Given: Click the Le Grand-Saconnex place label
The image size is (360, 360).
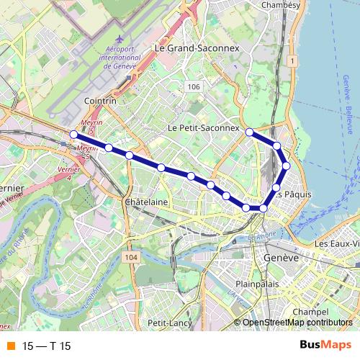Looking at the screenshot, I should tap(196, 47).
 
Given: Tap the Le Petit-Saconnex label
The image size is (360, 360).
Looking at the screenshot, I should tap(203, 127).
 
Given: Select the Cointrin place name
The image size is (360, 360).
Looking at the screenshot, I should tap(100, 102).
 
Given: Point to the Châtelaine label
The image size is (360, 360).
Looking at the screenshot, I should tap(146, 202).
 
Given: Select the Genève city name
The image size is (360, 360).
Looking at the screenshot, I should tap(281, 257).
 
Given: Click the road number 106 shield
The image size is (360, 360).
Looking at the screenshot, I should tap(192, 87).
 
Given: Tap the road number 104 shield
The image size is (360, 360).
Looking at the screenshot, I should tap(130, 257).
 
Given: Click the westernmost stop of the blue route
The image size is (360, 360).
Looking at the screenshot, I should tap(73, 134).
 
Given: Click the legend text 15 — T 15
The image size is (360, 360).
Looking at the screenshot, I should tap(47, 346).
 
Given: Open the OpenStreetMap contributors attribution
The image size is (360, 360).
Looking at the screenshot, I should tap(297, 323).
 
